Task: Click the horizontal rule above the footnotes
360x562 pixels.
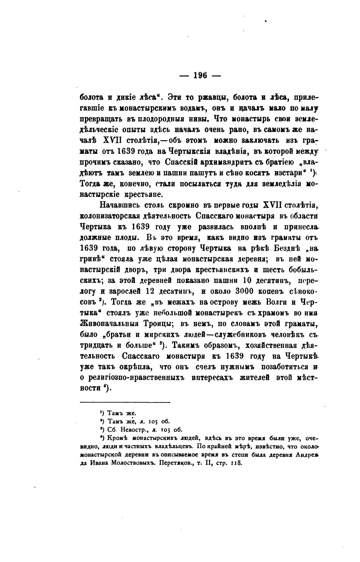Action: pos(125,402)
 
